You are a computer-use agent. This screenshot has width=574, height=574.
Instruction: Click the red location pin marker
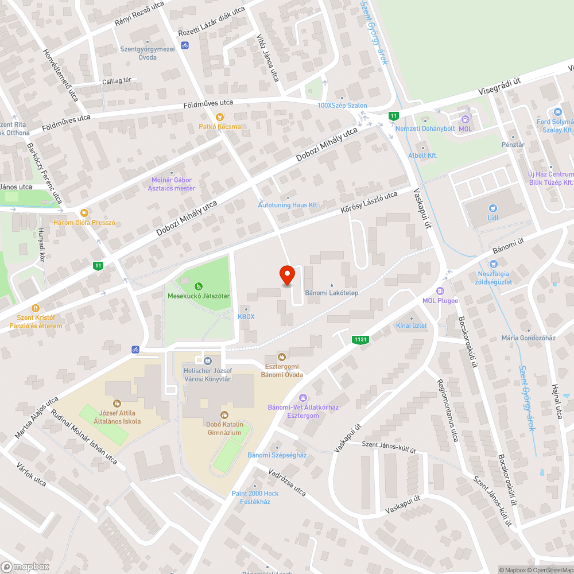click(286, 275)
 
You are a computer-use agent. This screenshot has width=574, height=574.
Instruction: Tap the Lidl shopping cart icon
click(492, 208)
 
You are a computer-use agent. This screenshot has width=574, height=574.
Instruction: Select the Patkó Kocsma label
click(220, 126)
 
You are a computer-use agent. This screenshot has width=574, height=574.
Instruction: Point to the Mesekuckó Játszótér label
click(199, 296)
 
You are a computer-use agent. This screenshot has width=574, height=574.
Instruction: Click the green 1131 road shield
click(360, 340)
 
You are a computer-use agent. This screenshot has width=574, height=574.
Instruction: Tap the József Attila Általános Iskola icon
click(117, 404)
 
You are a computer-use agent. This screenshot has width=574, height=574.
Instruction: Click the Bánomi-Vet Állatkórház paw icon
click(303, 397)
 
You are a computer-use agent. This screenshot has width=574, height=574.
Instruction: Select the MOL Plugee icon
click(440, 290)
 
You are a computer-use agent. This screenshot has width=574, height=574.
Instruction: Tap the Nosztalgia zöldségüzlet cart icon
click(493, 263)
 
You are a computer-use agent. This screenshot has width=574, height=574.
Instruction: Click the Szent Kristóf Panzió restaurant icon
click(36, 308)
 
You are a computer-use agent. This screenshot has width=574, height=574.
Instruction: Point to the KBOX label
click(246, 316)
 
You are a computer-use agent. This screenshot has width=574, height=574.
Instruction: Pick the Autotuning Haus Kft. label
click(288, 205)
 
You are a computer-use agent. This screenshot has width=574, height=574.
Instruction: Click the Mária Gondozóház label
click(528, 338)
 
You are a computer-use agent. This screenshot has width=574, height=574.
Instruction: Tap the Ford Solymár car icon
click(557, 111)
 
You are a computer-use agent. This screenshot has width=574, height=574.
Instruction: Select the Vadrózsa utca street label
click(287, 481)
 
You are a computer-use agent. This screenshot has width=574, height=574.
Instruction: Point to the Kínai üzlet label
click(412, 325)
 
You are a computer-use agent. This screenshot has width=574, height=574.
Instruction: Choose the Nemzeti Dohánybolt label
click(425, 128)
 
